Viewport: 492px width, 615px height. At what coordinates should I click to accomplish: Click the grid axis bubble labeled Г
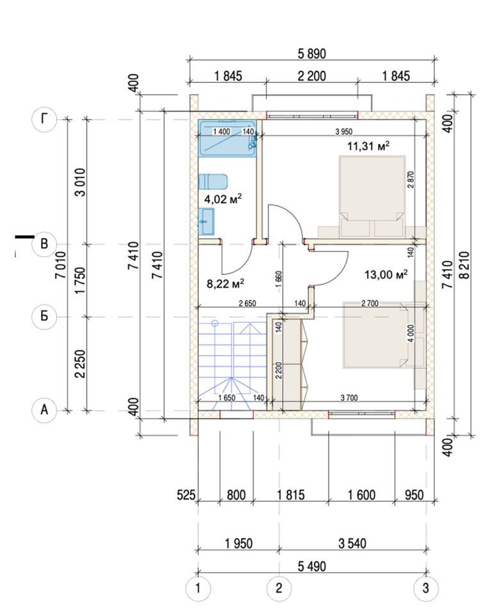[44, 119]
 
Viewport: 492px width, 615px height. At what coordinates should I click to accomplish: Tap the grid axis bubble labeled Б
[44, 316]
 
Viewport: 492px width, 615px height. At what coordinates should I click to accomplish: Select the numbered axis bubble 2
[279, 588]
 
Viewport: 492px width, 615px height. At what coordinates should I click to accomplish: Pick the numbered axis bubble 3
[426, 588]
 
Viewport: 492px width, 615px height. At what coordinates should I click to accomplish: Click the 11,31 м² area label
[368, 146]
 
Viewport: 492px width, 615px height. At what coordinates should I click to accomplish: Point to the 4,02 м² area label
[222, 199]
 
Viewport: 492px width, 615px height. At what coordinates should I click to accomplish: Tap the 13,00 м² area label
[386, 274]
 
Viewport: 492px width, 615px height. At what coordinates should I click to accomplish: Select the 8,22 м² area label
[225, 283]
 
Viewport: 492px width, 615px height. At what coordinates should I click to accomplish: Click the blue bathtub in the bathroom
[227, 138]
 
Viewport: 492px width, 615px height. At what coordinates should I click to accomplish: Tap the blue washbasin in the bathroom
[206, 222]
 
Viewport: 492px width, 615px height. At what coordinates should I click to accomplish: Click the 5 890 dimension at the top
[312, 54]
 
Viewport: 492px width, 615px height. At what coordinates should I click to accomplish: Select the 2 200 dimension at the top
[312, 76]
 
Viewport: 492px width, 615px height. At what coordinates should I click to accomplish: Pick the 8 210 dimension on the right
[465, 265]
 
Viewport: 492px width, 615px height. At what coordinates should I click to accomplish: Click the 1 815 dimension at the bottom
[291, 495]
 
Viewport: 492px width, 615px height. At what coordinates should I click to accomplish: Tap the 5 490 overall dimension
[312, 566]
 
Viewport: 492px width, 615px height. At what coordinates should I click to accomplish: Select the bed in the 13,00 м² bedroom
[376, 334]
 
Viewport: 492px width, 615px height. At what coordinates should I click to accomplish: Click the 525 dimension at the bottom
[186, 495]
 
